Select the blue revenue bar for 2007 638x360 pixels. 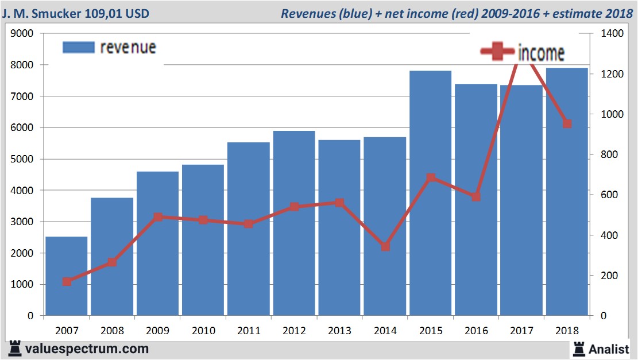(x=67, y=276)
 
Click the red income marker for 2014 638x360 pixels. (x=385, y=246)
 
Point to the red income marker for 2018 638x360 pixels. (x=567, y=123)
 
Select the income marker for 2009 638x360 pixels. (x=158, y=217)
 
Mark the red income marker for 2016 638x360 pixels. (x=476, y=197)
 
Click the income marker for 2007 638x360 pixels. (x=67, y=281)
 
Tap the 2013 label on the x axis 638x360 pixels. (x=339, y=331)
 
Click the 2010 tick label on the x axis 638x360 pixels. (x=203, y=331)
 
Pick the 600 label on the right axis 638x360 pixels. (x=608, y=195)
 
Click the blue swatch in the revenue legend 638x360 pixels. (x=78, y=47)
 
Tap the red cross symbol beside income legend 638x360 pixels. (x=497, y=52)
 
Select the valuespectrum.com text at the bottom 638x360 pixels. (x=87, y=349)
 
